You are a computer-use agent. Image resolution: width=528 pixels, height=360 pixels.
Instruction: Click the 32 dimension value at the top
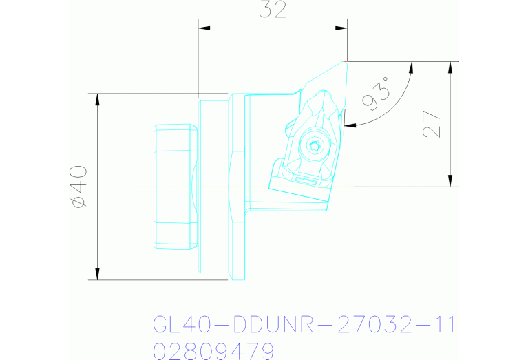[273, 10]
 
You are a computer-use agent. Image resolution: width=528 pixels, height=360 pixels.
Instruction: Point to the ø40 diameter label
[78, 186]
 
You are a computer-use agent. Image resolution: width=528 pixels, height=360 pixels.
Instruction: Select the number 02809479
[213, 351]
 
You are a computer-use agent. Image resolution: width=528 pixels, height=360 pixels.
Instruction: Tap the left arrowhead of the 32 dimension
[202, 28]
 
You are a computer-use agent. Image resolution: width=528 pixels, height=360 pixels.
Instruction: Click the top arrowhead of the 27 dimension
[450, 66]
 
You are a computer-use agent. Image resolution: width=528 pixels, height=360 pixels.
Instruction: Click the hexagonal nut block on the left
[173, 186]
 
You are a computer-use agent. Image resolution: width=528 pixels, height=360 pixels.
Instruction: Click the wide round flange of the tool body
[213, 186]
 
